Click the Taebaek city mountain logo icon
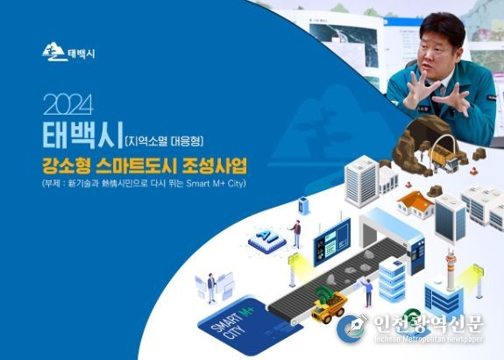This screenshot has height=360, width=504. [x=54, y=52]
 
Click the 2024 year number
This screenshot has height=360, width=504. [x=68, y=104]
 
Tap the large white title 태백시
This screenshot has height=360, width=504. [x=82, y=135]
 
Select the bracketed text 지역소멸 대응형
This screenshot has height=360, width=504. [x=164, y=141]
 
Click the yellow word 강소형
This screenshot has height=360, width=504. [x=66, y=166]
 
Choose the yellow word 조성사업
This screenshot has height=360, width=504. [x=215, y=166]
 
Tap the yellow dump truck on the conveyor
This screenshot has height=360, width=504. [x=329, y=305]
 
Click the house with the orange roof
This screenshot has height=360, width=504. [x=415, y=204]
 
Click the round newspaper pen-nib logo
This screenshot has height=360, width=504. [x=351, y=328]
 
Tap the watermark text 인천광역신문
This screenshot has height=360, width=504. [x=428, y=323]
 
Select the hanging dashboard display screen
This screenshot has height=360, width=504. [x=332, y=242]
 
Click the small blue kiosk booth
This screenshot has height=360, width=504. [x=303, y=205]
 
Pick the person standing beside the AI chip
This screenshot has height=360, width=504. [x=296, y=234]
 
